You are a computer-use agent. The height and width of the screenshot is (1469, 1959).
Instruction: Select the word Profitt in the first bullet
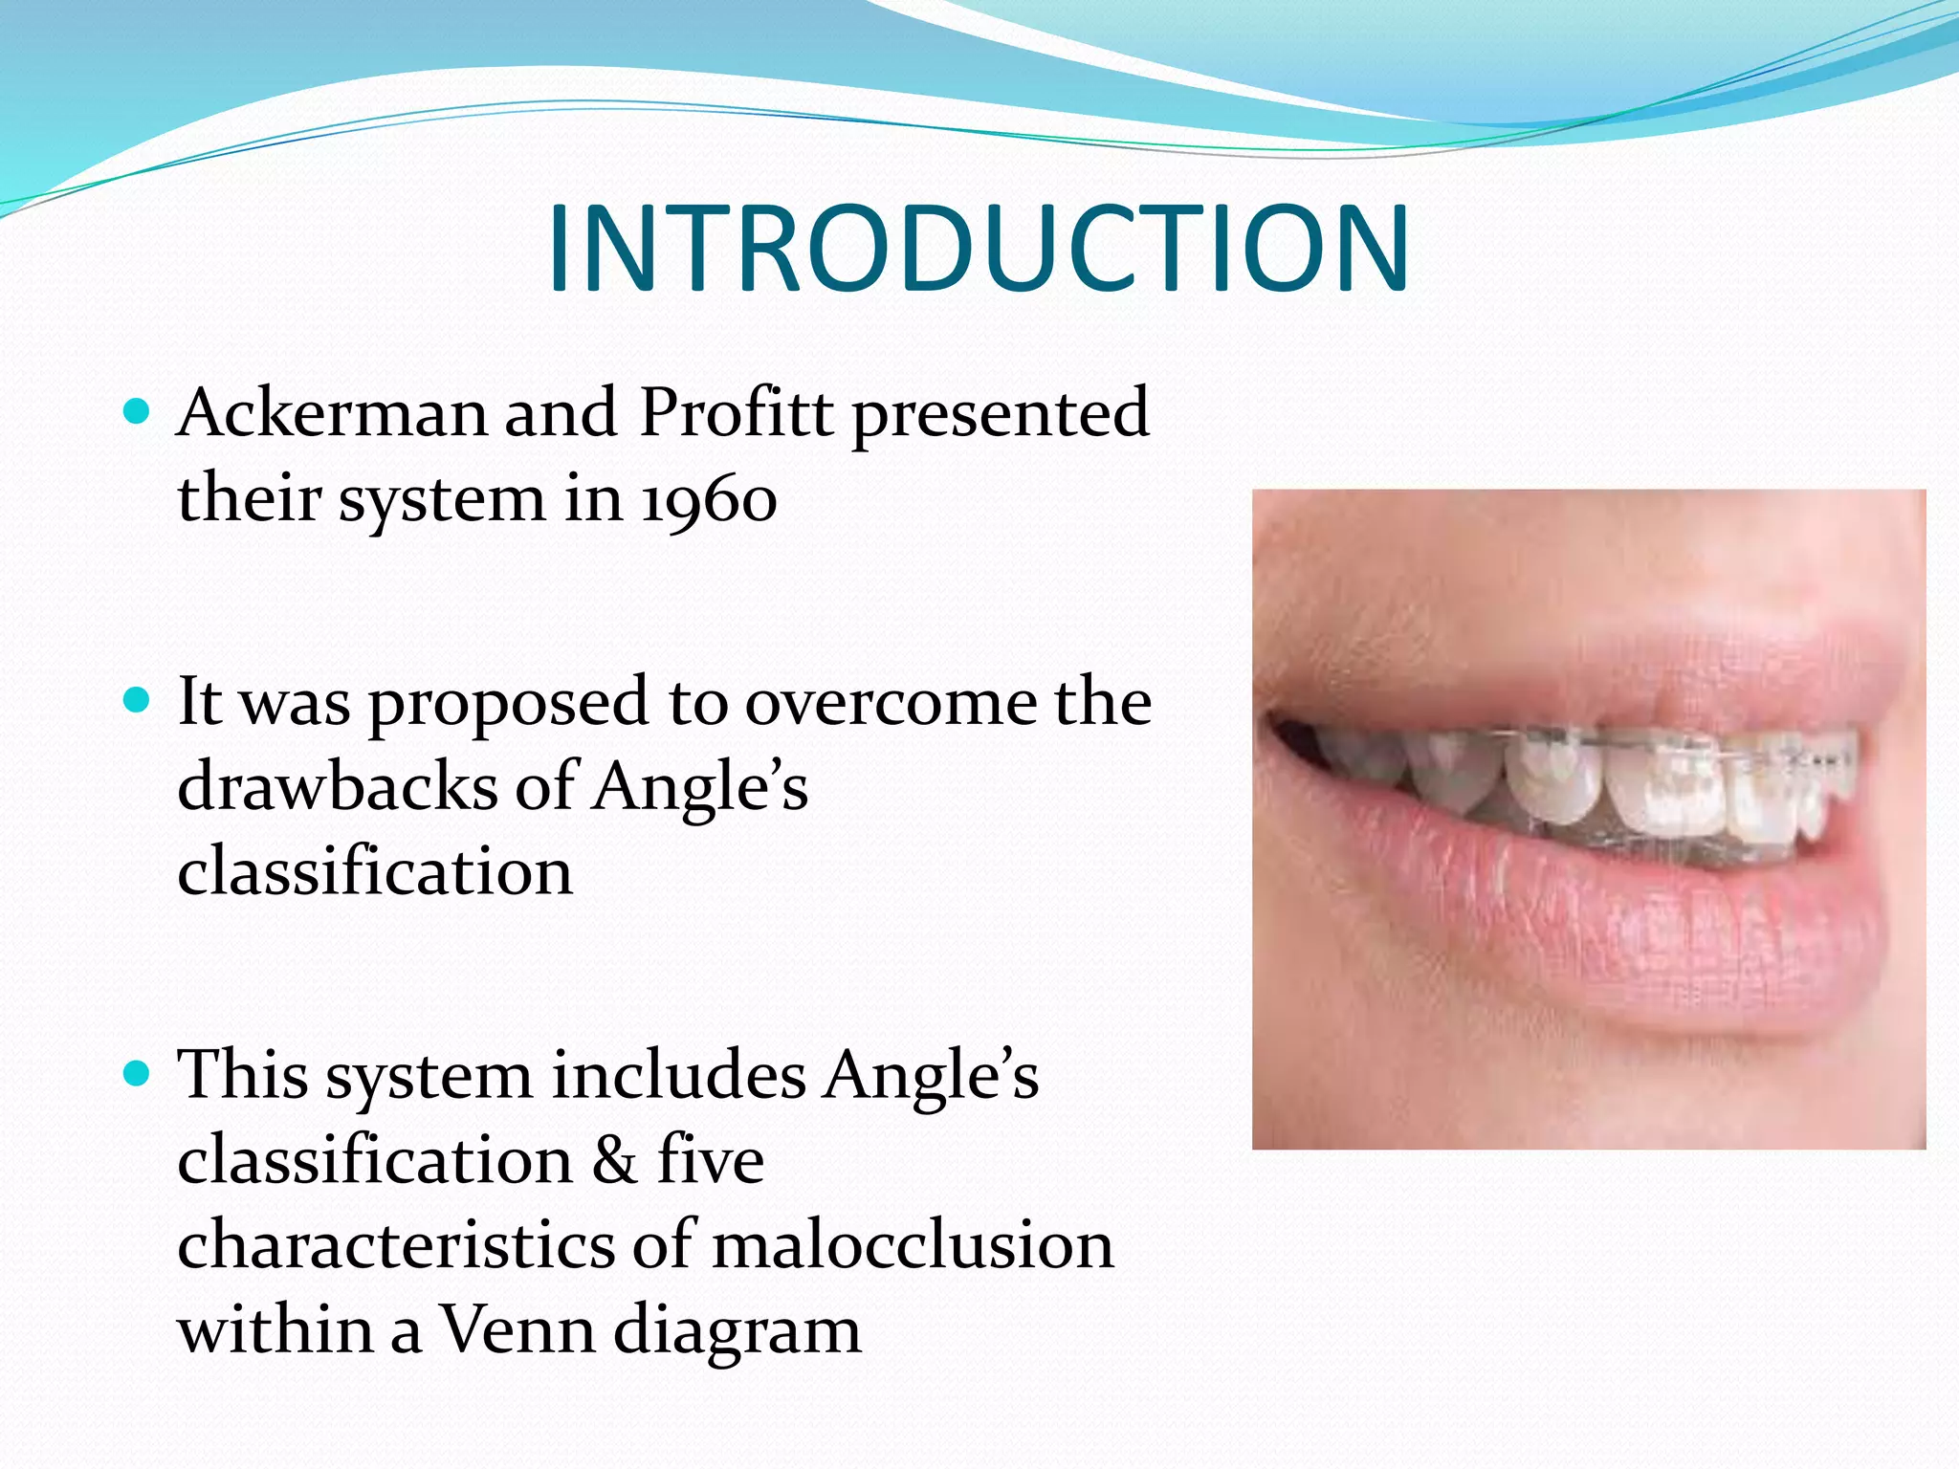736,413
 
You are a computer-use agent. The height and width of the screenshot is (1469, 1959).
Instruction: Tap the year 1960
708,499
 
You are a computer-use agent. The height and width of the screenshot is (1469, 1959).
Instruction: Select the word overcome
891,703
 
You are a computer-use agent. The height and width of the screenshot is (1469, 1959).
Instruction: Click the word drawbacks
337,786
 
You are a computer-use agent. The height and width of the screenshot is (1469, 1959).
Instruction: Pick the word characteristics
397,1245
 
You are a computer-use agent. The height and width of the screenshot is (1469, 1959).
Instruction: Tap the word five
710,1159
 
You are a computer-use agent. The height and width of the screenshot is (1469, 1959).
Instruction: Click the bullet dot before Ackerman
138,412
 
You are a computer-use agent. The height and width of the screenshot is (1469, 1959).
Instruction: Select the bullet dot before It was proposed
138,701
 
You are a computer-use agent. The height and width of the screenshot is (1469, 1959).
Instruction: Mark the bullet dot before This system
138,1074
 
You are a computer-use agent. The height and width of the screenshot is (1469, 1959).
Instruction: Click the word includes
678,1075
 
